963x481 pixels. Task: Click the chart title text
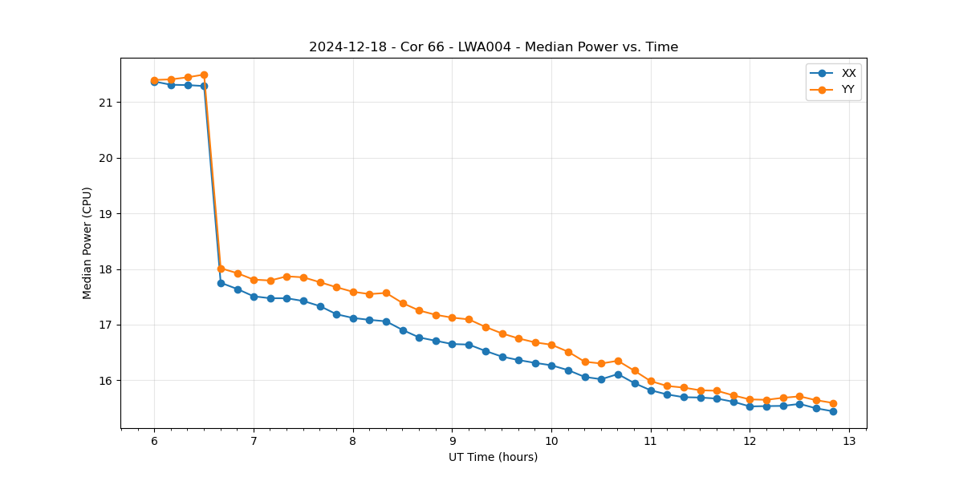(494, 47)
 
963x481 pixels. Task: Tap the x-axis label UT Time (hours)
(493, 457)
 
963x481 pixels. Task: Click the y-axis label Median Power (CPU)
(87, 243)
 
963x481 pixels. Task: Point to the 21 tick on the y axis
(107, 103)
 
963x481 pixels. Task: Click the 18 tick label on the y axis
(107, 269)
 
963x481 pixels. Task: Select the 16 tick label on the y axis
(107, 381)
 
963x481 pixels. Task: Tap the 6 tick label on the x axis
(154, 442)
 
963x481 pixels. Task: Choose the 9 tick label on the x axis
(452, 442)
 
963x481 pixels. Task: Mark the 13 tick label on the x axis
(849, 442)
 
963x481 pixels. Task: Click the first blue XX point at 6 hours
(154, 82)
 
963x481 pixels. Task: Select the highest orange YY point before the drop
(204, 75)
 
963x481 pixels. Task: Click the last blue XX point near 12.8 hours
(833, 411)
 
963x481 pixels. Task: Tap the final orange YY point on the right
(833, 403)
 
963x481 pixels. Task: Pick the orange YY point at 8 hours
(353, 292)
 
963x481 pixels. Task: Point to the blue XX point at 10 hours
(551, 366)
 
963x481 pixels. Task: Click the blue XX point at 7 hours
(254, 297)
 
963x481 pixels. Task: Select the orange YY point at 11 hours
(651, 381)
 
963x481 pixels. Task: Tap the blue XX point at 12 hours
(750, 406)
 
